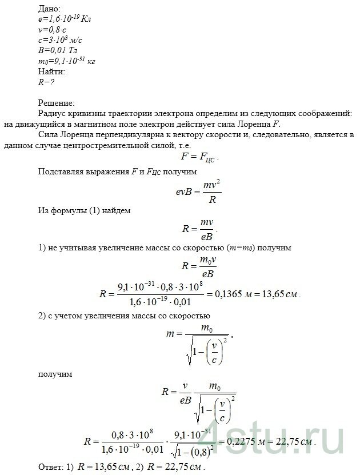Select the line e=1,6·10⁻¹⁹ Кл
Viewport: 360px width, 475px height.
[x=63, y=19]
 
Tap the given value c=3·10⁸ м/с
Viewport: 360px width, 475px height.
[x=59, y=39]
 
